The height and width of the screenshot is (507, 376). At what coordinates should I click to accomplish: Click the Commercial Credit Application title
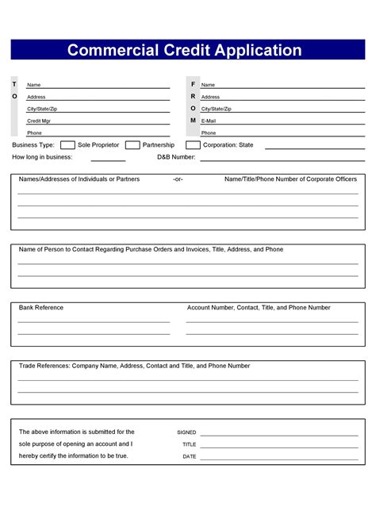pyautogui.click(x=184, y=50)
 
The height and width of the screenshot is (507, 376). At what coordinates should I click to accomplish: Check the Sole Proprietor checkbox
pyautogui.click(x=68, y=145)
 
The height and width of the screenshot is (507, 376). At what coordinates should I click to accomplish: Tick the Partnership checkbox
pyautogui.click(x=131, y=145)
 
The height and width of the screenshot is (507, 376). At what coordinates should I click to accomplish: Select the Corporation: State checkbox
pyautogui.click(x=193, y=145)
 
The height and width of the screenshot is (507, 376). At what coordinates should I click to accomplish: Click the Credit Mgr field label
pyautogui.click(x=40, y=121)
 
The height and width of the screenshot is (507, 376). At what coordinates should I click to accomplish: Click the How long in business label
pyautogui.click(x=43, y=157)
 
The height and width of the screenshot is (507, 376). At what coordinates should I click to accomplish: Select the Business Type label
pyautogui.click(x=33, y=145)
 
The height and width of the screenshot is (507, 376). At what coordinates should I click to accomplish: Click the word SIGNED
pyautogui.click(x=186, y=432)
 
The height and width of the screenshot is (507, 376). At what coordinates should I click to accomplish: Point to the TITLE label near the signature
pyautogui.click(x=189, y=444)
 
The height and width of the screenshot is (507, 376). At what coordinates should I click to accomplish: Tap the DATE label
pyautogui.click(x=189, y=456)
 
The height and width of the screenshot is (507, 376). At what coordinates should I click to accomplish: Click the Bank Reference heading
pyautogui.click(x=41, y=308)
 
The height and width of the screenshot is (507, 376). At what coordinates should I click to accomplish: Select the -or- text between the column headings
pyautogui.click(x=178, y=179)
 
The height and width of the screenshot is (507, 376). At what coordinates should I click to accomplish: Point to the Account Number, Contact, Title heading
pyautogui.click(x=259, y=308)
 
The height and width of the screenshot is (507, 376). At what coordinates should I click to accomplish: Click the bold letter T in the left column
pyautogui.click(x=13, y=84)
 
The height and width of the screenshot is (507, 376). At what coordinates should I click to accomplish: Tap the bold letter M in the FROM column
pyautogui.click(x=193, y=120)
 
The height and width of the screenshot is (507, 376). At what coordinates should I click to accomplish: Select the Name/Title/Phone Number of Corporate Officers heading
pyautogui.click(x=291, y=179)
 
